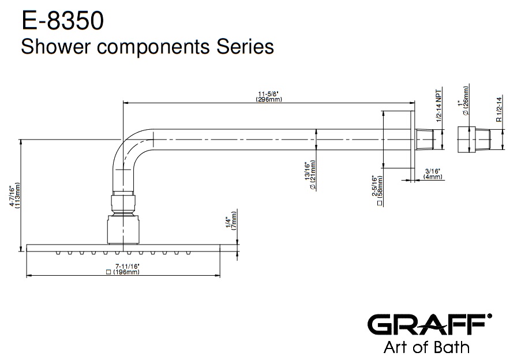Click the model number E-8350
(63, 20)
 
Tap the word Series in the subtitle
(245, 46)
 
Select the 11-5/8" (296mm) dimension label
(269, 97)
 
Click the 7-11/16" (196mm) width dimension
(123, 269)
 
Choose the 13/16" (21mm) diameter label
(310, 175)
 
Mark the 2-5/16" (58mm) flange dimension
(377, 191)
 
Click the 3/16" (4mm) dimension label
(432, 174)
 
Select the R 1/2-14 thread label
(498, 110)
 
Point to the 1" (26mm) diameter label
(463, 101)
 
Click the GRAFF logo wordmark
(429, 324)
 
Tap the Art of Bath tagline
(426, 347)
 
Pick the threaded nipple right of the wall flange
(425, 140)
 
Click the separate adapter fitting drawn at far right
(474, 140)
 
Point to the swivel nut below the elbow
(123, 203)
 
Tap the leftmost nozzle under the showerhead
(58, 253)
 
